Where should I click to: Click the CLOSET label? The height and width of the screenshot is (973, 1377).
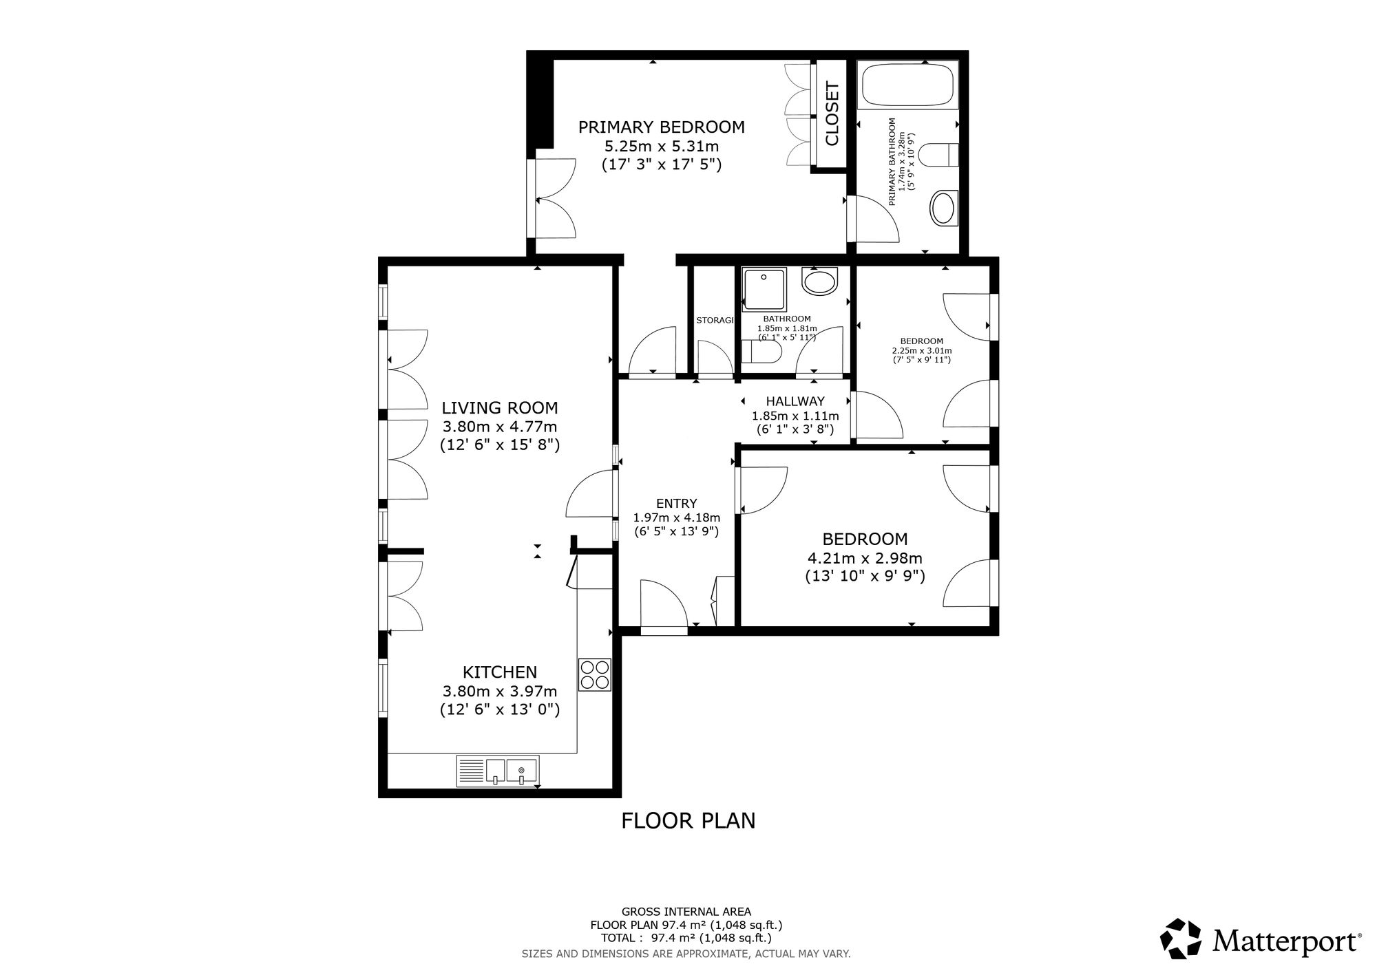[832, 114]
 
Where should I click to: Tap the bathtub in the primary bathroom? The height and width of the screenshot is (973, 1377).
[907, 86]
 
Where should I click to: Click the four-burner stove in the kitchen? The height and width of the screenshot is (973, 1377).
[594, 674]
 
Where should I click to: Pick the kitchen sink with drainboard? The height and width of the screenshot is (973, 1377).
[498, 771]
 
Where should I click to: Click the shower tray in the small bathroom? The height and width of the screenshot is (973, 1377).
[764, 289]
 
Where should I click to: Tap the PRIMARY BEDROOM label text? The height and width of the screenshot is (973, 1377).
[661, 127]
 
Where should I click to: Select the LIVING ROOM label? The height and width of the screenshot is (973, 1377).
[500, 408]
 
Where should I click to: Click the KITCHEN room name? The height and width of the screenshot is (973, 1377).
[500, 672]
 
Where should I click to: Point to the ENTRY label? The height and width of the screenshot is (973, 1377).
[677, 503]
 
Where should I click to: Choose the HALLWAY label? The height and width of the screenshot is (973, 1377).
[795, 401]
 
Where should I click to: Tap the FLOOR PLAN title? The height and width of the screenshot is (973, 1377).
[688, 821]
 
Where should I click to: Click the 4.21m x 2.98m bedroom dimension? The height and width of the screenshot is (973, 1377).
[865, 558]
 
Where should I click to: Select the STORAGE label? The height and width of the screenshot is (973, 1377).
[714, 321]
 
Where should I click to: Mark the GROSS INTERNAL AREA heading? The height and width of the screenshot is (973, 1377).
[686, 912]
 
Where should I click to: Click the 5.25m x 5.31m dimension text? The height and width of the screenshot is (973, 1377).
[661, 146]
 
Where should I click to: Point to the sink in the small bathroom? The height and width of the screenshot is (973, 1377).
[819, 281]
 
